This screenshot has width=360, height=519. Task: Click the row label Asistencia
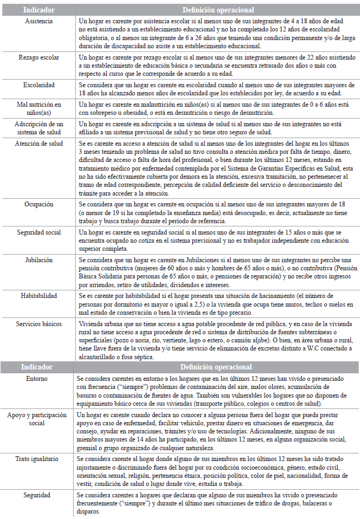38,20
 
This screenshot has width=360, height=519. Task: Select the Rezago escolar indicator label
38,57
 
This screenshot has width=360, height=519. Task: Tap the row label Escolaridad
38,85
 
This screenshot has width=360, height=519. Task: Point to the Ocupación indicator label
38,205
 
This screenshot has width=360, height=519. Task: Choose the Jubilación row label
38,260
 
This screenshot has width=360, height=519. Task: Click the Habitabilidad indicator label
38,296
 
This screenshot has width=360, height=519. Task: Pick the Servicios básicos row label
38,323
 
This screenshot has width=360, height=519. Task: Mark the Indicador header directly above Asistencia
38,9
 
